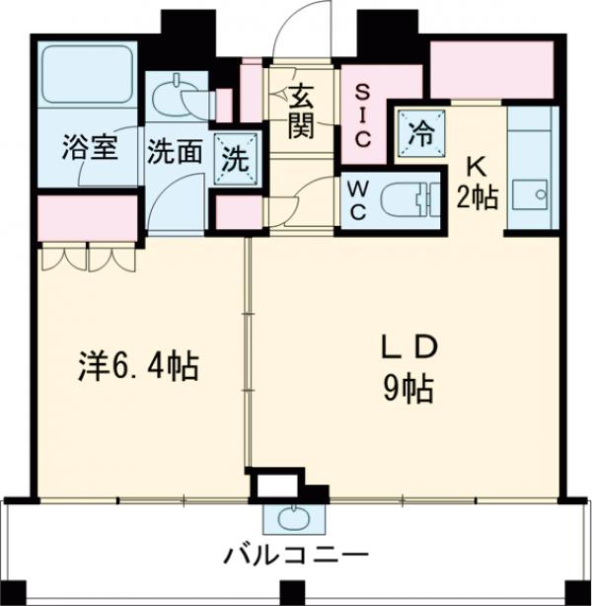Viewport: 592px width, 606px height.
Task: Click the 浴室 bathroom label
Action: [x=90, y=150]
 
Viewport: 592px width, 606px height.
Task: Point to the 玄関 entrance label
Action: [x=302, y=111]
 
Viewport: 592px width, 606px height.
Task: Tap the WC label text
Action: [x=356, y=201]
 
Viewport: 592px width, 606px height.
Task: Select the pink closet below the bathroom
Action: [x=87, y=218]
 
